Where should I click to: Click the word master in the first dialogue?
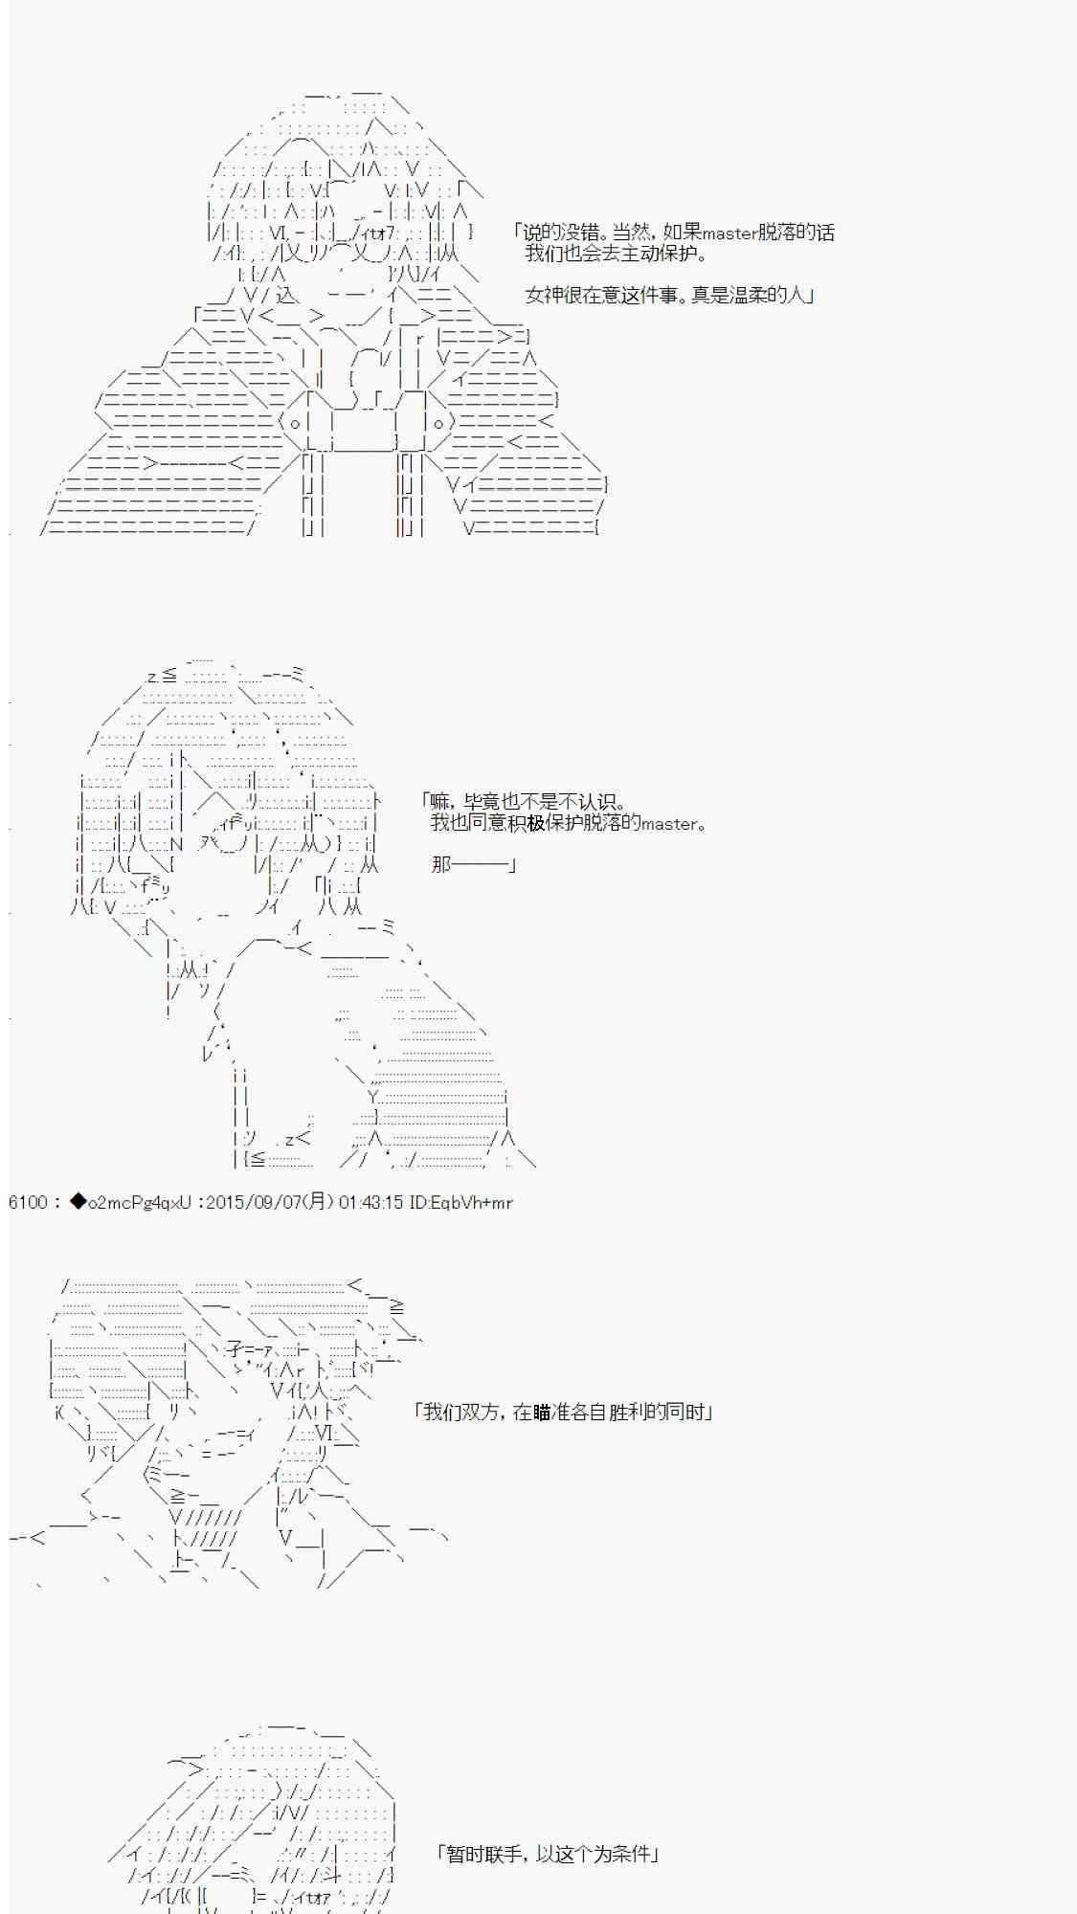click(x=729, y=233)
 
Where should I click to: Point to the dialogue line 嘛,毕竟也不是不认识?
click(x=525, y=802)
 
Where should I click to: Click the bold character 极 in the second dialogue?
click(x=535, y=823)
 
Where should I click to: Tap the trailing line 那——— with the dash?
click(x=474, y=864)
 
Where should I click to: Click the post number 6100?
click(x=28, y=1202)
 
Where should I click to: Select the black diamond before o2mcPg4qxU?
click(x=78, y=1202)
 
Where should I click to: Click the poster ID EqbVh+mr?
click(x=471, y=1202)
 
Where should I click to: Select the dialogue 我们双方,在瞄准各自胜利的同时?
click(x=563, y=1412)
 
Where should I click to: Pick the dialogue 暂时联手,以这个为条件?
click(x=547, y=1854)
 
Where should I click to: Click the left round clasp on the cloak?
click(x=296, y=422)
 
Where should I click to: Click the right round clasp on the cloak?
click(x=438, y=422)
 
